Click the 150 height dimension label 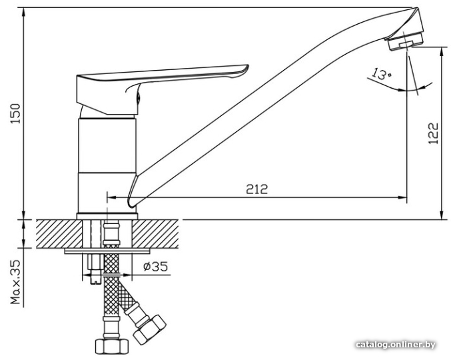(16, 114)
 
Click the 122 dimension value (434, 133)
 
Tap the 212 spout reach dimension (257, 189)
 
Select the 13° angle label (381, 74)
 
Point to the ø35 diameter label (155, 267)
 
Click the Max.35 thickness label (16, 282)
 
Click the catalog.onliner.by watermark (396, 345)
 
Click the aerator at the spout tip (404, 42)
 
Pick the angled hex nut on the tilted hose (150, 329)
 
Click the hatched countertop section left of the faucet (59, 234)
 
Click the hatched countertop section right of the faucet (155, 234)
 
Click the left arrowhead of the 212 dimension (111, 197)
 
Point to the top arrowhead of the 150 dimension (23, 12)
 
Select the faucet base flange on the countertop (107, 216)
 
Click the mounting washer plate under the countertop (107, 251)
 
